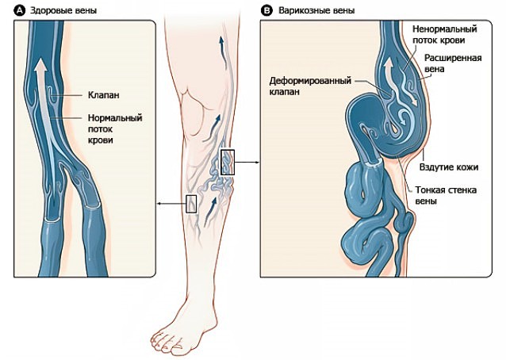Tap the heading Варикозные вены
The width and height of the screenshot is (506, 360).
click(311, 11)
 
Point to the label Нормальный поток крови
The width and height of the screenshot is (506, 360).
click(114, 128)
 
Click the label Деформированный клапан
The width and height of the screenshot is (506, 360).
click(306, 84)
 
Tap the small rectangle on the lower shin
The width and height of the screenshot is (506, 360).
click(190, 204)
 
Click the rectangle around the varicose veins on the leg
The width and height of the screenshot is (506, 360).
click(228, 162)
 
